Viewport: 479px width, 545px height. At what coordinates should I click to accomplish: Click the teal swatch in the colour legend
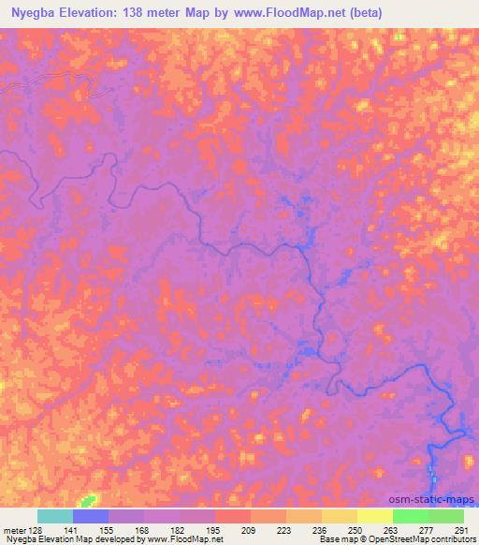tap(55, 516)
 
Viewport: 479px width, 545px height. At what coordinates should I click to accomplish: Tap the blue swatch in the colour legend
tap(91, 516)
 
